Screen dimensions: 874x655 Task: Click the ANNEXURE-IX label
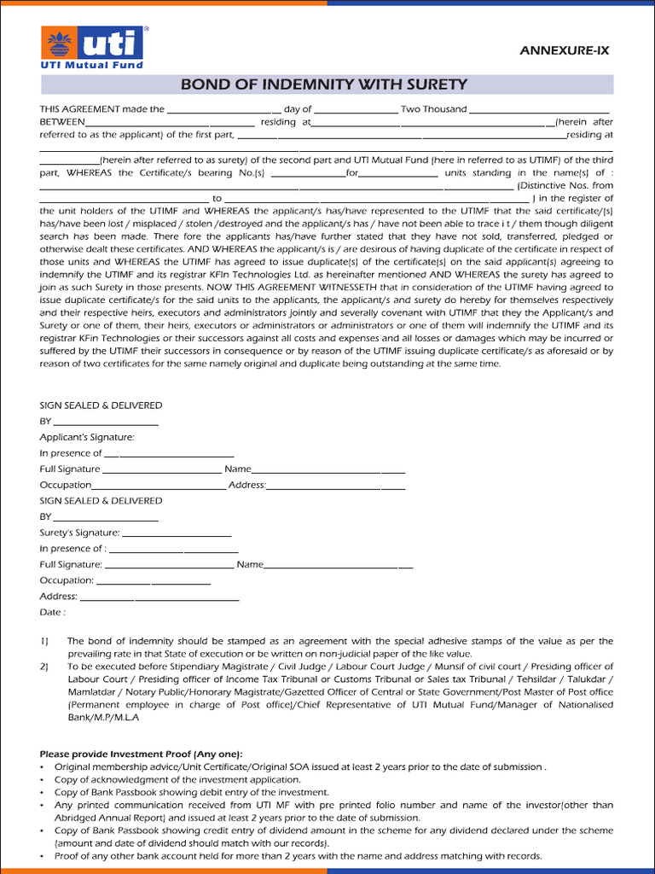click(565, 51)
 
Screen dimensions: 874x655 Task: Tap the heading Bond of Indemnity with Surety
click(324, 84)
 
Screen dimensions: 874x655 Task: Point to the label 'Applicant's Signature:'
click(87, 437)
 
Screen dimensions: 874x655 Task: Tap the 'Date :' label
click(52, 612)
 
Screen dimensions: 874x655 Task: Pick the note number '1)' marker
click(44, 641)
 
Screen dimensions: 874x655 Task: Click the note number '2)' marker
click(44, 667)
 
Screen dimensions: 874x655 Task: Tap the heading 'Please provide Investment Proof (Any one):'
click(141, 754)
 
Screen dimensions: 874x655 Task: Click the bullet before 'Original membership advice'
click(43, 766)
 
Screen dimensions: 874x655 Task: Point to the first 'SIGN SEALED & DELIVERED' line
click(101, 405)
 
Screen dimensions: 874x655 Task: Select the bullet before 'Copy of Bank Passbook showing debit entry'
click(43, 792)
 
